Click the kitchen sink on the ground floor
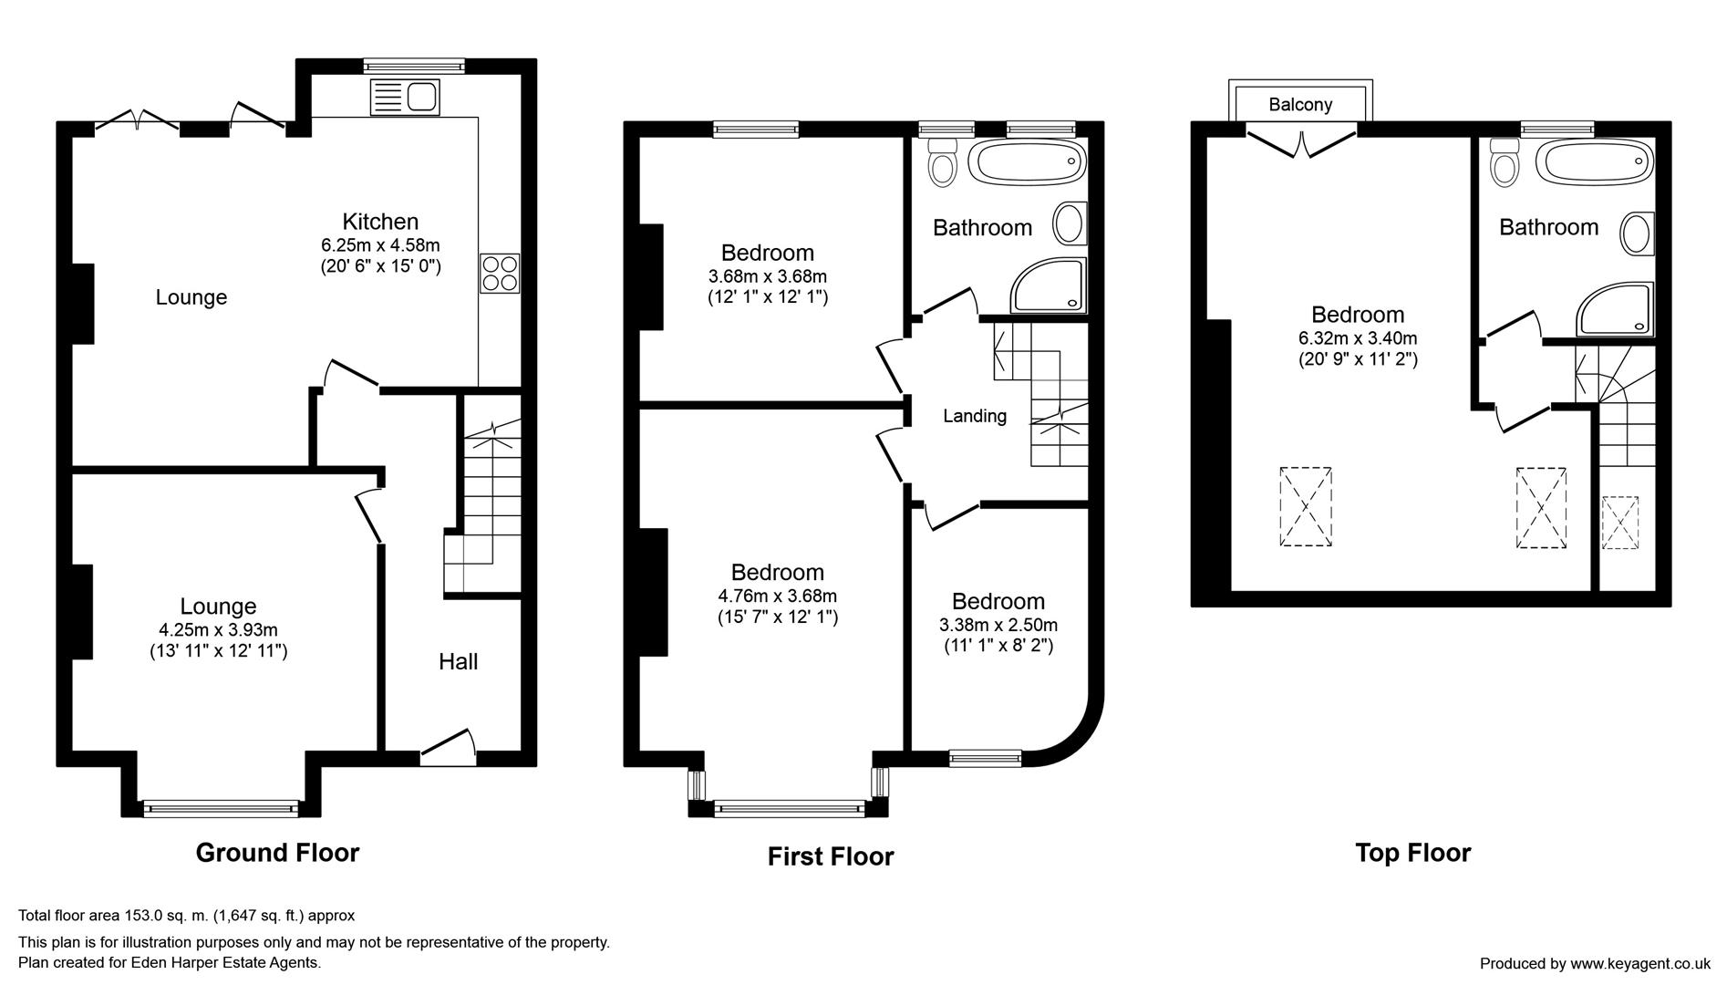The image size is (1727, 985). pos(405,97)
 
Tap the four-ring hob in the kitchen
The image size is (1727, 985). pos(500,273)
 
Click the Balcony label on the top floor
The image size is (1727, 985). pos(1300,104)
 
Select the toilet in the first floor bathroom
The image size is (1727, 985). pos(940,162)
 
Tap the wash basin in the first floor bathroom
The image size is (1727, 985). pos(1070,223)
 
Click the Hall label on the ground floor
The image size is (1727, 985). pos(458,661)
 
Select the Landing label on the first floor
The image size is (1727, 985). pos(975,416)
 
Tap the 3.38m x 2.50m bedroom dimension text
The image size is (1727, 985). pos(998,626)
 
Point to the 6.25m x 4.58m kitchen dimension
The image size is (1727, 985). pos(380,245)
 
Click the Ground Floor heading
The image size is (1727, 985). pos(277,853)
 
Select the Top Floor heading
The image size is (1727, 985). pos(1412,853)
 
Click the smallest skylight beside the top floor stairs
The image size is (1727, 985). pos(1619,523)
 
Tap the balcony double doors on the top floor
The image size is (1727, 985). pos(1301,142)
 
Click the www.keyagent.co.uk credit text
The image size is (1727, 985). pos(1639,963)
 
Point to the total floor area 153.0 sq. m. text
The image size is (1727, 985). pos(187,915)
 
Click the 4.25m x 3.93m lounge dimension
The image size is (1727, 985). pos(218,629)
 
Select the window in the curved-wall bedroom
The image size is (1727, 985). pos(985,756)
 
